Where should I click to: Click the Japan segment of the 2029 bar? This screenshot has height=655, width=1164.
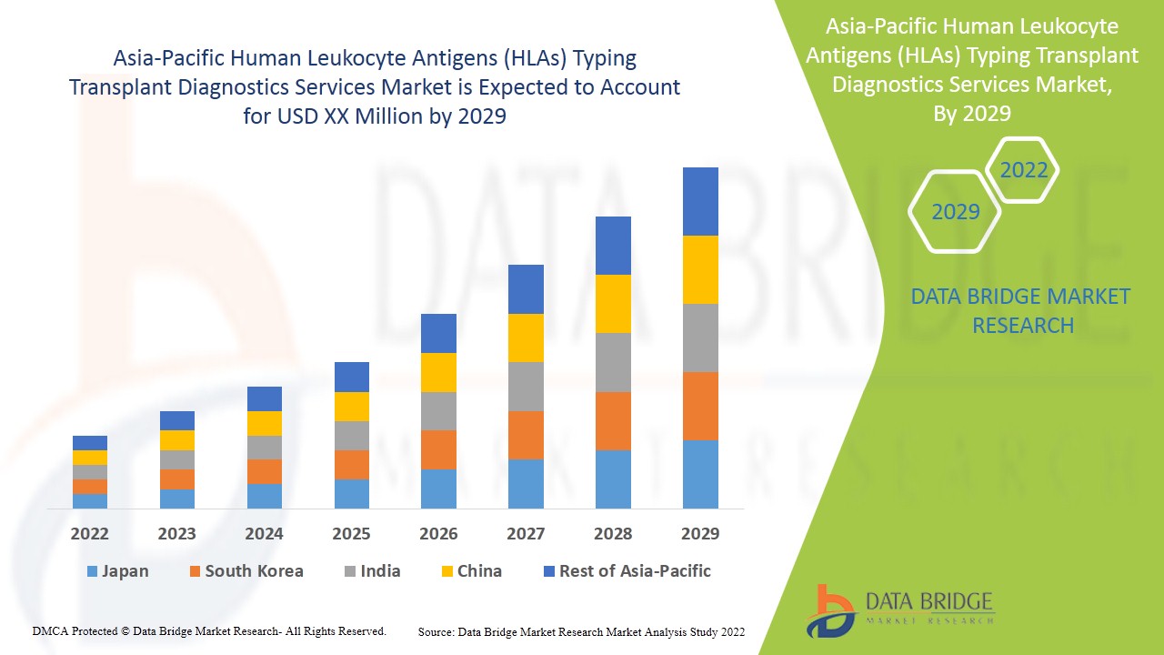700,474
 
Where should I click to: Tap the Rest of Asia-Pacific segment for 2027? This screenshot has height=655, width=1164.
526,289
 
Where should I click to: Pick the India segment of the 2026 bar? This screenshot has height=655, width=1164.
438,411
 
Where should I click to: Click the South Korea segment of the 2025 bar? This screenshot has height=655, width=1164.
352,465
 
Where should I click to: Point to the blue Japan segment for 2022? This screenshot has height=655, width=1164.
90,500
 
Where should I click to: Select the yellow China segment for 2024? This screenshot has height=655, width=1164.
265,423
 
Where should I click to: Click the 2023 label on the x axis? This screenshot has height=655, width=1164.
176,533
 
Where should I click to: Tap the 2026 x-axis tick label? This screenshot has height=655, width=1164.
438,533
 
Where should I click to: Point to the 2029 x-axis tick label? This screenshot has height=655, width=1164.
700,533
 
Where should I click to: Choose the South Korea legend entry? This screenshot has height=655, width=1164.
246,571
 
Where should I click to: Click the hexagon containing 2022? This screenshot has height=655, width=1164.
1023,170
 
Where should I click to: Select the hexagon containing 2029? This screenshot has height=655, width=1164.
955,212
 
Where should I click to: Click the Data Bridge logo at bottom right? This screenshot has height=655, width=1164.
901,609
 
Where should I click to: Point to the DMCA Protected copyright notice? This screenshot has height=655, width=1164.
209,630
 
